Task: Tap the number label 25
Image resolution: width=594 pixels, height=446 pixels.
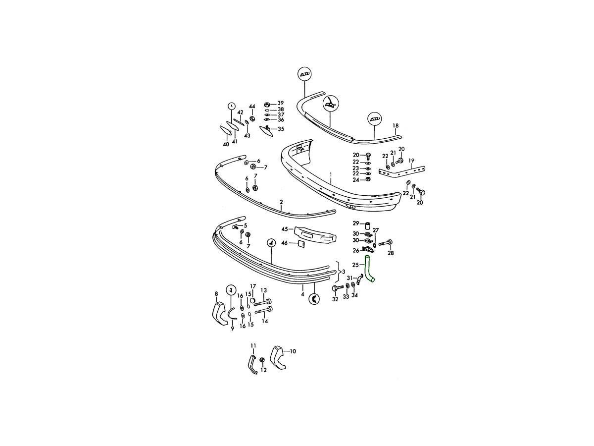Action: (x=355, y=265)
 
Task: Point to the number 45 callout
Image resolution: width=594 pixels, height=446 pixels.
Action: (x=285, y=229)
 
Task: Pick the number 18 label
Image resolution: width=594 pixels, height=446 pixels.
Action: (x=396, y=126)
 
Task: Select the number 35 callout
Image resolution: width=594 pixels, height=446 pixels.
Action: (x=281, y=129)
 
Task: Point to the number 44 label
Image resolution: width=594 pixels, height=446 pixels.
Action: (x=252, y=106)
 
